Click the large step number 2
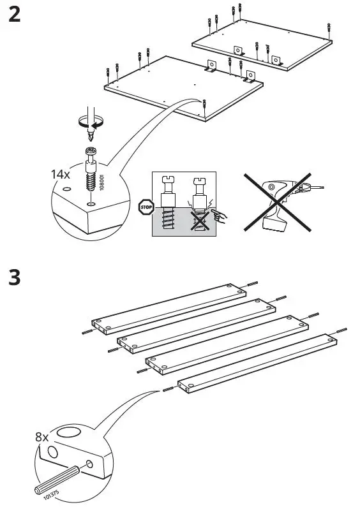click(14, 14)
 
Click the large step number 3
click(14, 279)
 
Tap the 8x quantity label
click(43, 437)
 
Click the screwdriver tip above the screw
click(92, 135)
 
